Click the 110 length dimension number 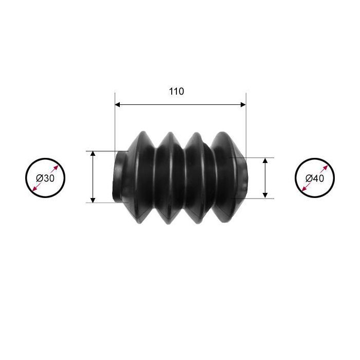[176, 92]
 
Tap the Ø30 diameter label [45, 178]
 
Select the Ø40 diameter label [315, 178]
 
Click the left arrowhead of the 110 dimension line [118, 105]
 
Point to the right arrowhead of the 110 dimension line [243, 105]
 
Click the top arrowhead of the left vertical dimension [93, 154]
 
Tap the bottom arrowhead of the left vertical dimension [93, 200]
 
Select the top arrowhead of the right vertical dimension [265, 160]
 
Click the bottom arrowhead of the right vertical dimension [265, 195]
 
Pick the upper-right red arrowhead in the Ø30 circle [56, 168]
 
